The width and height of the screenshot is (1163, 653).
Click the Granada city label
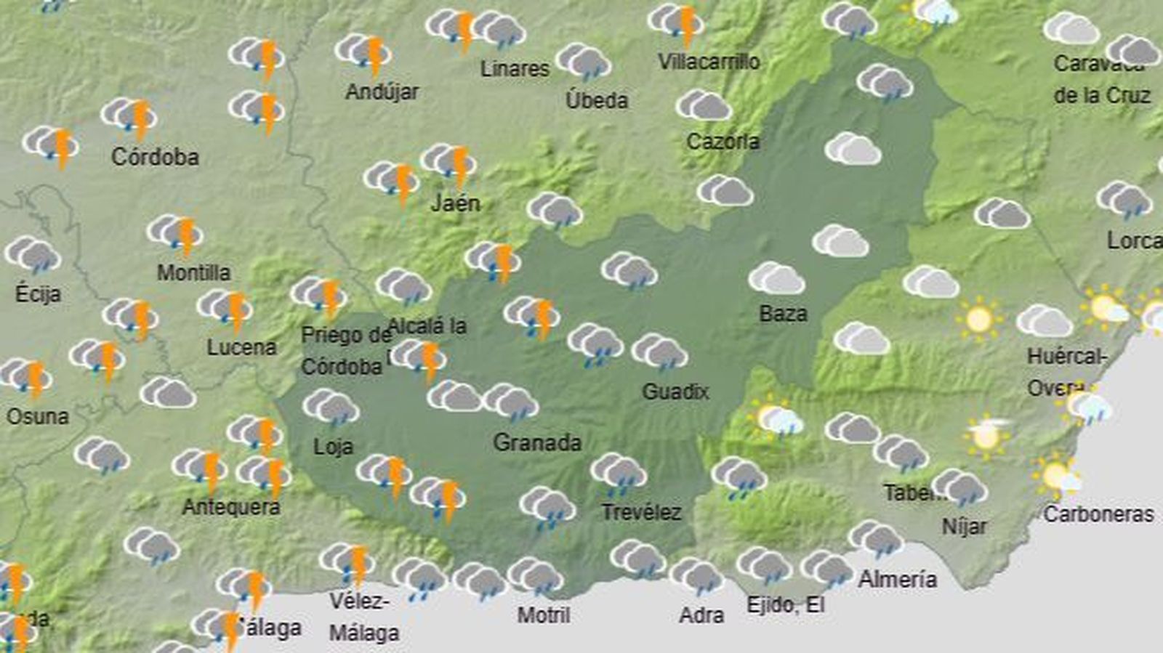pos(537,442)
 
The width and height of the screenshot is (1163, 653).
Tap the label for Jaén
pos(456,203)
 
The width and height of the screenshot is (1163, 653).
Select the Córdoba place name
pos(155,157)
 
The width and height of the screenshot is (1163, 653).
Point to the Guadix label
pos(675,392)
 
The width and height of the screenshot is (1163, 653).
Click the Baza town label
pos(783,314)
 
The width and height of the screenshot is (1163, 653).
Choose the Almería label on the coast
pos(898,580)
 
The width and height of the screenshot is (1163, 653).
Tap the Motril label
pos(544,615)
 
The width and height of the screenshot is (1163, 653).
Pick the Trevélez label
pos(641,513)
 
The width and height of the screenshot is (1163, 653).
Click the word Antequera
pos(231,507)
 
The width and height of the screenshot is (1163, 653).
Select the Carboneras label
pos(1098,515)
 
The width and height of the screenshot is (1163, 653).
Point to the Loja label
pos(333,446)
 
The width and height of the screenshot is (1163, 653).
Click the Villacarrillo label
pos(709,62)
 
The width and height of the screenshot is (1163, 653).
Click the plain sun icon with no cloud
pos(978,318)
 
